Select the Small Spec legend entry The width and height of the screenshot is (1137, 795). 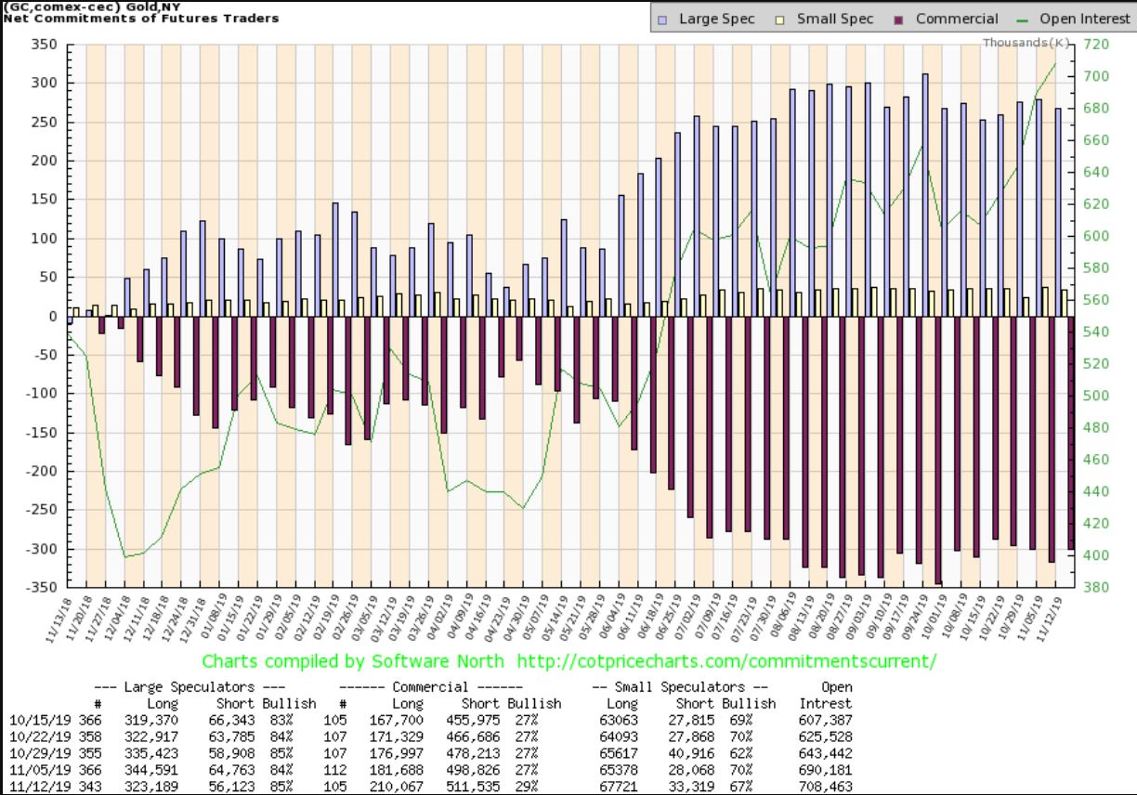[x=827, y=19]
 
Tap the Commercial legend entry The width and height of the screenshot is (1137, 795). [x=948, y=19]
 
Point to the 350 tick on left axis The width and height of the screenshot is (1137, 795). [x=48, y=45]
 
